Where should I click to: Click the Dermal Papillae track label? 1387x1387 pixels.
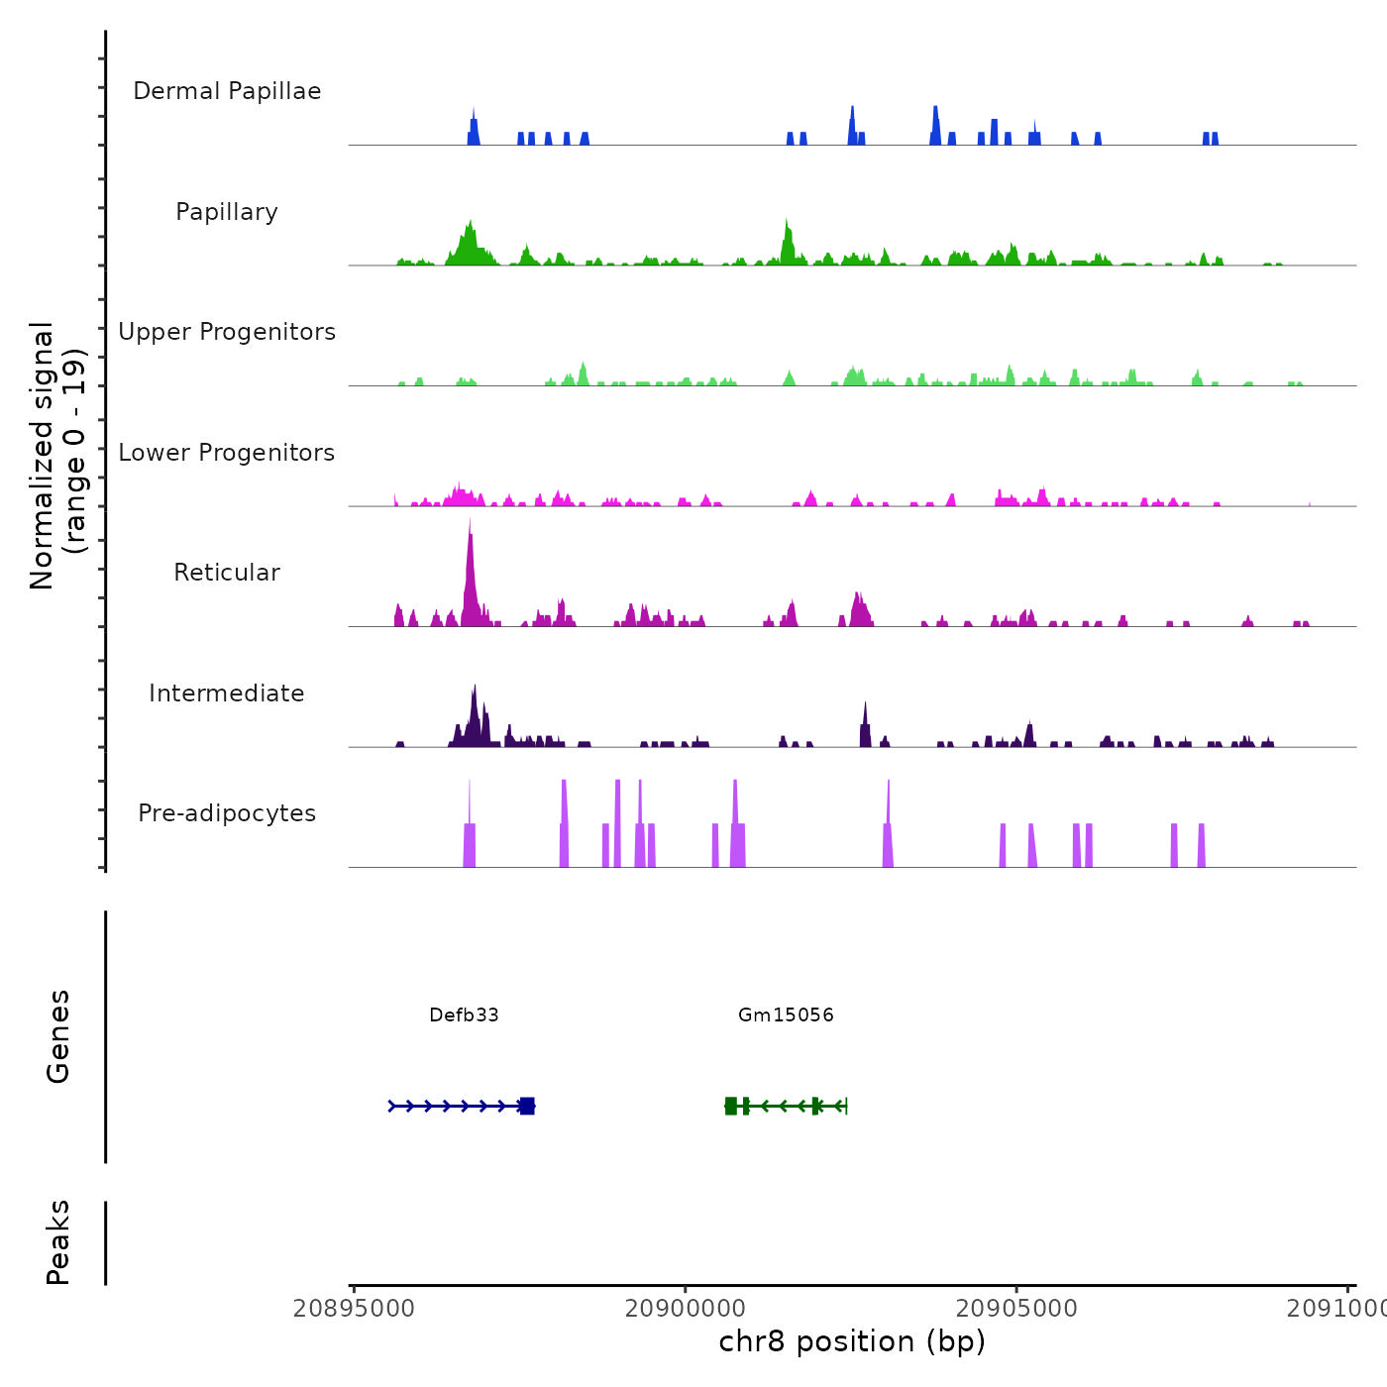227,91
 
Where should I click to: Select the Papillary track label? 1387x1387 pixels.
227,212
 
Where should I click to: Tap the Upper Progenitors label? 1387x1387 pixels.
227,332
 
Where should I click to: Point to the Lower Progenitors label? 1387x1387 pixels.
227,453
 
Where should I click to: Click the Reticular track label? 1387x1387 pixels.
227,573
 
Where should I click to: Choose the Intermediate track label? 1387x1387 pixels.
227,693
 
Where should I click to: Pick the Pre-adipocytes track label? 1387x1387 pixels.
227,813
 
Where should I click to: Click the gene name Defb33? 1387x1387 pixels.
464,1014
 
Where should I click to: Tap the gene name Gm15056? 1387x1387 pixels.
786,1014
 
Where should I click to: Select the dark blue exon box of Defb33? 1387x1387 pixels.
527,1106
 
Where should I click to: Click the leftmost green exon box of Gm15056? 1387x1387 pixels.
731,1106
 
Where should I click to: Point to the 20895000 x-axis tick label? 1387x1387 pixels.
354,1309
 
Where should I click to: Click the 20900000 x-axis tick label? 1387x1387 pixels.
685,1309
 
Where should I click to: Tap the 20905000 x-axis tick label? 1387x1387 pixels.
1016,1309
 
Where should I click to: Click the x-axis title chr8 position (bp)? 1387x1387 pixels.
852,1341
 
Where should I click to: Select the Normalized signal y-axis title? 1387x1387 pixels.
57,455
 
